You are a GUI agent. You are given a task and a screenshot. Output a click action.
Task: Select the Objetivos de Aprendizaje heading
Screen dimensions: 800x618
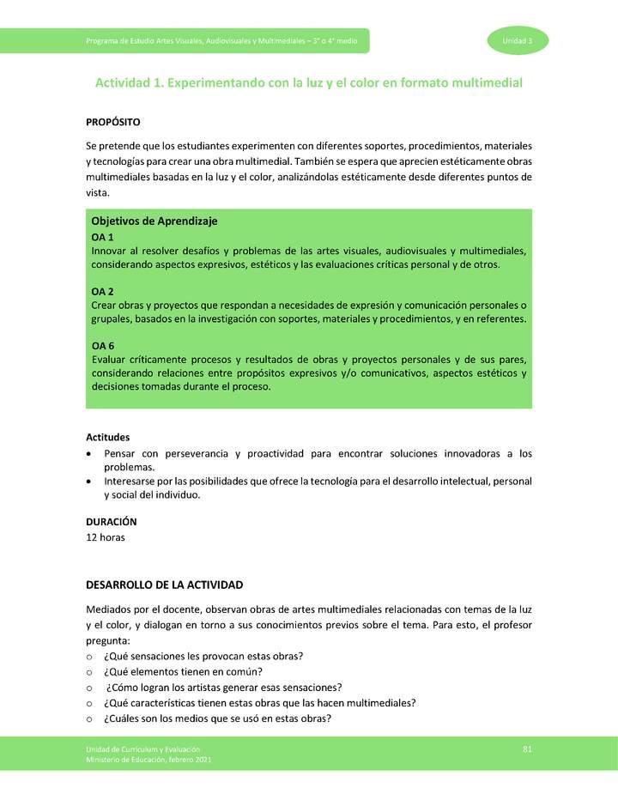(154, 221)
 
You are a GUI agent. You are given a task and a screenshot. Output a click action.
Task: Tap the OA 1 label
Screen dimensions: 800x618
(102, 236)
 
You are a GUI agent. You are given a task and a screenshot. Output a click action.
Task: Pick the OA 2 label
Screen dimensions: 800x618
(102, 292)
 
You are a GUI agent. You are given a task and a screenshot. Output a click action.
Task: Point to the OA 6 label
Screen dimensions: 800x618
(102, 346)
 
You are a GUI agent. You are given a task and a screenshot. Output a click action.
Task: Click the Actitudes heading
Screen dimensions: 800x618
(107, 437)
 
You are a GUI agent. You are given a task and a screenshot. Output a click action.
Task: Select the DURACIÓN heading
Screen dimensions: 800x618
(111, 521)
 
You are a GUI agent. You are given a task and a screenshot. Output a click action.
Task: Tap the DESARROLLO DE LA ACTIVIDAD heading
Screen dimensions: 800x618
(165, 585)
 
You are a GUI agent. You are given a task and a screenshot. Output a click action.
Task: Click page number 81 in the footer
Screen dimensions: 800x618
(528, 750)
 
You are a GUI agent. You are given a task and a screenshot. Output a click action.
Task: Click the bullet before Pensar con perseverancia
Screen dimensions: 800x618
(90, 453)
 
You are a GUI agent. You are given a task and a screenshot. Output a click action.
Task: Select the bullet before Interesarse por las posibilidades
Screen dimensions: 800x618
(90, 482)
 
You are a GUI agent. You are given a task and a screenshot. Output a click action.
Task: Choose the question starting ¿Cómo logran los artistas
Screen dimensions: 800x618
(224, 687)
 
